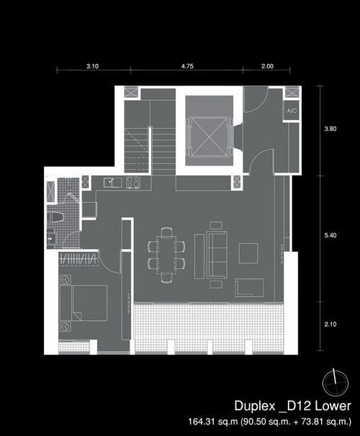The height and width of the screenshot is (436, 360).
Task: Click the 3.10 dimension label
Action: (92, 66)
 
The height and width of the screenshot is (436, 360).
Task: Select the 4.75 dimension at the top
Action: (187, 66)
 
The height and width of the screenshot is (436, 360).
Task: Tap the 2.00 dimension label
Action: (267, 66)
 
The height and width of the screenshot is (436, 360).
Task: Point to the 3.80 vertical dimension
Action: (330, 129)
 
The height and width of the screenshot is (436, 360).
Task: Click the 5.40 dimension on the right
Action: (330, 235)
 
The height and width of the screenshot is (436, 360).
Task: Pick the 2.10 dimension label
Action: (330, 324)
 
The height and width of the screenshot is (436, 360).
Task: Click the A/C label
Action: (292, 111)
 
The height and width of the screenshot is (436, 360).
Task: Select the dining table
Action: (166, 255)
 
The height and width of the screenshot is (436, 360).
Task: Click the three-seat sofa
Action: (217, 255)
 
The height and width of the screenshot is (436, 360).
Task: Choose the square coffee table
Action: (248, 253)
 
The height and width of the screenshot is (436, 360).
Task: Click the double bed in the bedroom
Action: (89, 303)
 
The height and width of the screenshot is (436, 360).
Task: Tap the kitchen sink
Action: (112, 183)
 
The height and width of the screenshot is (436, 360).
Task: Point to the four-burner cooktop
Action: (133, 183)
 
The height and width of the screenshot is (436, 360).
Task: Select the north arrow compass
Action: (335, 383)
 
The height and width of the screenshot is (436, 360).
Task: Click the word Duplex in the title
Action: (255, 406)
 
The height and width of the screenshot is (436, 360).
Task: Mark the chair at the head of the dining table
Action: (166, 232)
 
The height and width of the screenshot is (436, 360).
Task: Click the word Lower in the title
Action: (333, 406)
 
